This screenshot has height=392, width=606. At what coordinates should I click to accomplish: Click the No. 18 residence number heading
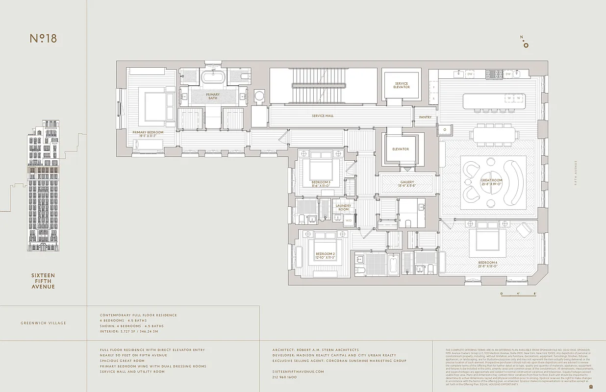[x=43, y=39]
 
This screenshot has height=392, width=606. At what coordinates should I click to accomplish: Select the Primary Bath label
[x=213, y=96]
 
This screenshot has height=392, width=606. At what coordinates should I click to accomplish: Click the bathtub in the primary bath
[x=213, y=77]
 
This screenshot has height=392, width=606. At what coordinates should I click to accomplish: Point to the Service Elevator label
[x=401, y=85]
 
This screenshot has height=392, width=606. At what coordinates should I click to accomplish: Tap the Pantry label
[x=425, y=117]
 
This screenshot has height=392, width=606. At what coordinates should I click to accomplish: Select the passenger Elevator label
[x=400, y=149]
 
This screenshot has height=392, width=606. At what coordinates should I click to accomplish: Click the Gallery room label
[x=407, y=184]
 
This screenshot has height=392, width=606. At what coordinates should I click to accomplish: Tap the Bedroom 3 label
[x=321, y=184]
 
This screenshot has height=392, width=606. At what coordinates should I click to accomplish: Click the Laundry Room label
[x=343, y=207]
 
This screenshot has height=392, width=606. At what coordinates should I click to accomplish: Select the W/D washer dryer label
[x=349, y=220]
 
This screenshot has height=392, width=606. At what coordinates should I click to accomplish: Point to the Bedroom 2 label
[x=325, y=256]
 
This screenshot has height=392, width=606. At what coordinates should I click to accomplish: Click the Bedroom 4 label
[x=488, y=264]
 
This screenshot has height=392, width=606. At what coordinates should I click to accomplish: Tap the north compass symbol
[x=525, y=43]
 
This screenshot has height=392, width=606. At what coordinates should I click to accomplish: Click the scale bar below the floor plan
[x=518, y=294]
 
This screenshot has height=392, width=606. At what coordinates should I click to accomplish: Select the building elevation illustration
[x=44, y=186]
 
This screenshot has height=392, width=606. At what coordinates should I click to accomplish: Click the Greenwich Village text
[x=43, y=323]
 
